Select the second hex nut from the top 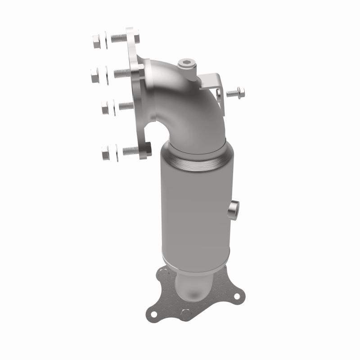coord(95,76)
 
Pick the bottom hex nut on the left coord(106,153)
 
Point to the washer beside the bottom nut coord(116,152)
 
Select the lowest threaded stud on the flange coord(130,151)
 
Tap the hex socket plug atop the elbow coord(186,64)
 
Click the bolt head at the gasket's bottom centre coord(185,315)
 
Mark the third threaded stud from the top coord(125,106)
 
